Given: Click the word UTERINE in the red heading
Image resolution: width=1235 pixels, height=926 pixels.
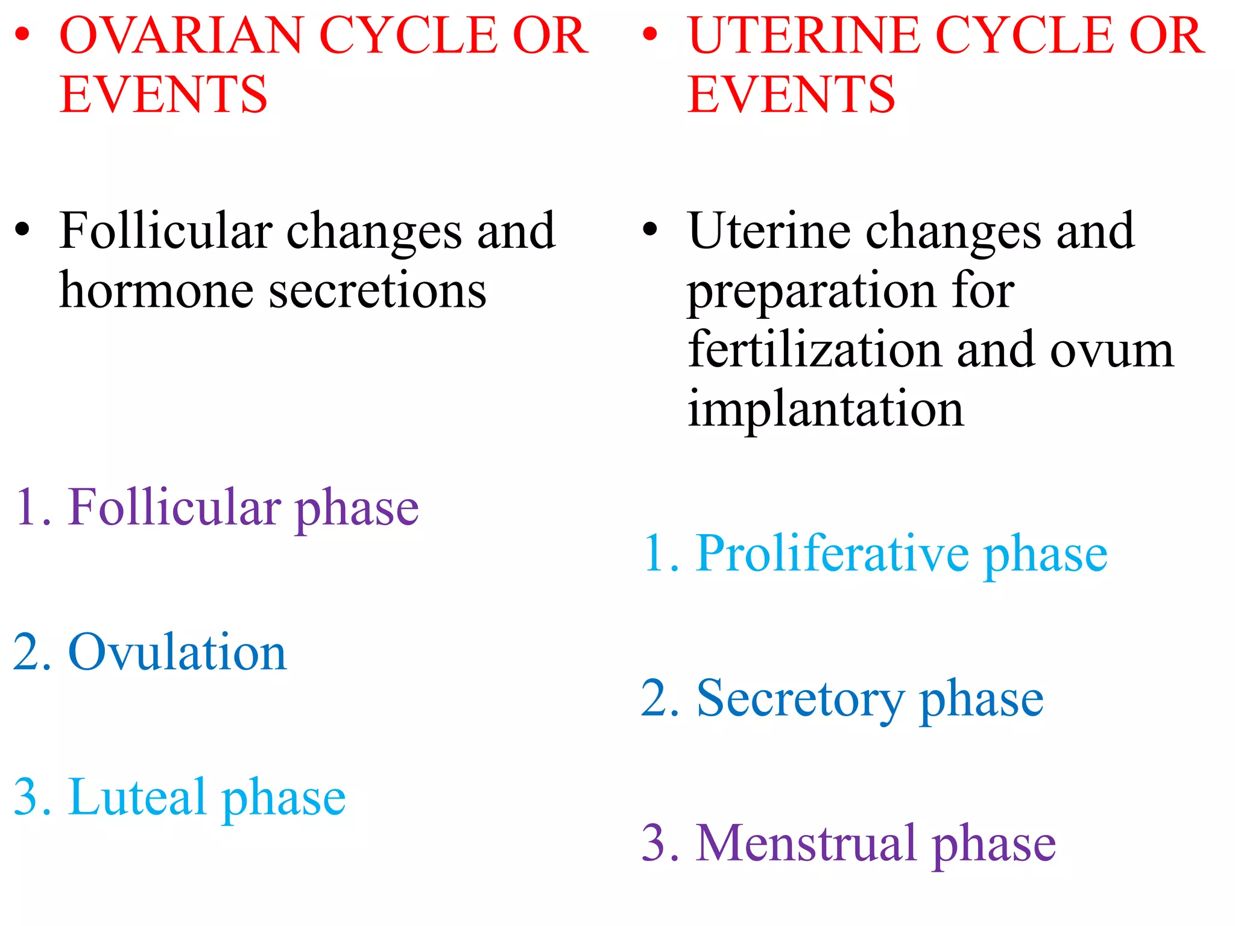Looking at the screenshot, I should [x=804, y=36].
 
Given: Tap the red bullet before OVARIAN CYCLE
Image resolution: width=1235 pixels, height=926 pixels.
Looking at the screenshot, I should [x=22, y=34].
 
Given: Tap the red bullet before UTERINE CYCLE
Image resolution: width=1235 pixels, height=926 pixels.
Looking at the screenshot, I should [x=650, y=34].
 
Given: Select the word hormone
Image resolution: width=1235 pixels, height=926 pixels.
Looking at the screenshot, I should [x=156, y=291].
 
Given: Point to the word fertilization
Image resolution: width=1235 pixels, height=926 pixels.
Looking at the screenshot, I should [x=815, y=350].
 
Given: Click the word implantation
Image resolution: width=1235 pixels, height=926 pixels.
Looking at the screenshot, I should [x=826, y=409].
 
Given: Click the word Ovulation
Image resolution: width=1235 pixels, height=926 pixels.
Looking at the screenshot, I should [x=177, y=653].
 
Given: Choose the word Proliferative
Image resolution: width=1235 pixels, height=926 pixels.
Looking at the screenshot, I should [x=832, y=553].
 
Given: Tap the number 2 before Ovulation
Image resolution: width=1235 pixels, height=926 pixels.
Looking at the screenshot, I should [x=27, y=653].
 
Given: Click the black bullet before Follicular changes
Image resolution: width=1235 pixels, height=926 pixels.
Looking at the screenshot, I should [x=22, y=230].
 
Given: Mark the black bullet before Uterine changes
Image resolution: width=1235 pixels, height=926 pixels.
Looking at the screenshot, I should [x=650, y=230].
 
